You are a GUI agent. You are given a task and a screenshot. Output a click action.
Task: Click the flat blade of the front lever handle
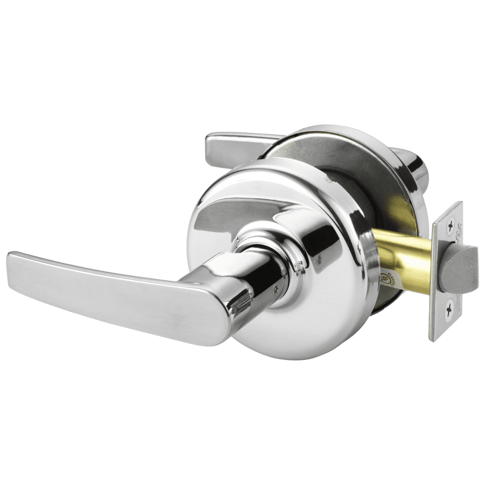[x=102, y=291]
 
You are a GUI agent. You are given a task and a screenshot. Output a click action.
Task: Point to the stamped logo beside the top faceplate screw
[x=457, y=225]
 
